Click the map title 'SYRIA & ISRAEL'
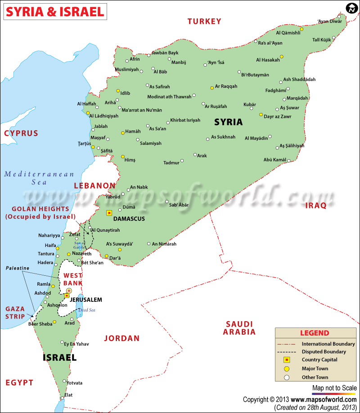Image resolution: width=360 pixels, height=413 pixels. [54, 11]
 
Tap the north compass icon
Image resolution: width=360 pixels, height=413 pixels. [351, 8]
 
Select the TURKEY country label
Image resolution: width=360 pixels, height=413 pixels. [204, 21]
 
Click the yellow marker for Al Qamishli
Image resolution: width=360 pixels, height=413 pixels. [301, 29]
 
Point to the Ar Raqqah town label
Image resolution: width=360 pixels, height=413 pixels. [226, 86]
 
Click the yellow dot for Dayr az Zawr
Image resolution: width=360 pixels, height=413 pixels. [261, 115]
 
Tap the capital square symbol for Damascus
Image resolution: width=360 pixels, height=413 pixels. [108, 212]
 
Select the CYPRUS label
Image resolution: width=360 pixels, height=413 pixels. [21, 133]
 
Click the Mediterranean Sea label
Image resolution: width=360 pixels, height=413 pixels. [39, 178]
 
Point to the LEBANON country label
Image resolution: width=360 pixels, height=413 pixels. [95, 185]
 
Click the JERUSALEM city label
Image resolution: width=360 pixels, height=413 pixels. [86, 299]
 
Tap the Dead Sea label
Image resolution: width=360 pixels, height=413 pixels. [87, 310]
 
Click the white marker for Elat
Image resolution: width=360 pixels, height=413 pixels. [62, 397]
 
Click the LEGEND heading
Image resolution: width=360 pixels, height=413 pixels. [315, 333]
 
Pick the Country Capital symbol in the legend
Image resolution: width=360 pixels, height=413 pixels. [287, 360]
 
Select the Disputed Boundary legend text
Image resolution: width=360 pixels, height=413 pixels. [324, 352]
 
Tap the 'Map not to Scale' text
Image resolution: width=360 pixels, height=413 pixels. [334, 388]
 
